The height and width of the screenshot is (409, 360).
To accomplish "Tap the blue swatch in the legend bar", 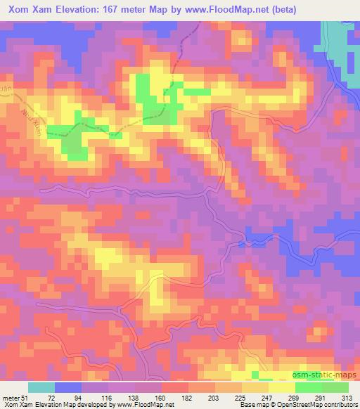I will coord(67,387).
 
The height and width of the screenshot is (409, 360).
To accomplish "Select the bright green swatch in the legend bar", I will coord(308,387).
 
